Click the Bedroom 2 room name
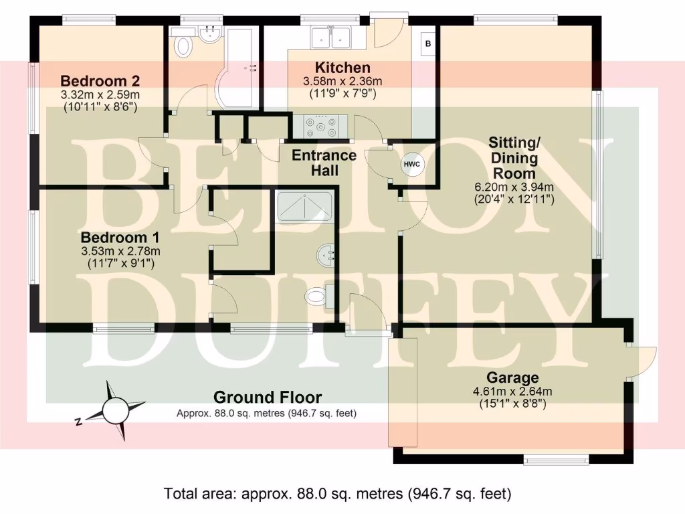(99, 81)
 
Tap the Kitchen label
(342, 68)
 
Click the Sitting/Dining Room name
(514, 158)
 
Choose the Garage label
(513, 378)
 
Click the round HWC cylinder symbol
(411, 164)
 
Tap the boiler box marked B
(428, 43)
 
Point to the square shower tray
(304, 206)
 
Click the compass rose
(114, 408)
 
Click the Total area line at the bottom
(338, 494)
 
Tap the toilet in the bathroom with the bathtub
(181, 46)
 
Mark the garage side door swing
(639, 361)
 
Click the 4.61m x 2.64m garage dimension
(513, 392)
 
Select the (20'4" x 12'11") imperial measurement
(514, 199)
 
